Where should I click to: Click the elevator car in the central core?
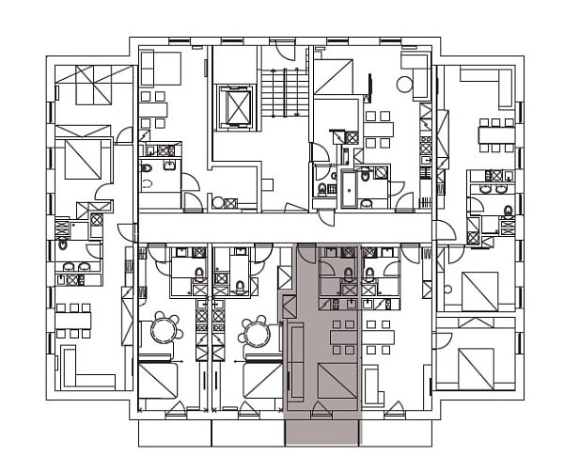(x=234, y=107)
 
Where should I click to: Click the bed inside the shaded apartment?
(x=337, y=381)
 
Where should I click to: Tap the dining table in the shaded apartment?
(x=344, y=336)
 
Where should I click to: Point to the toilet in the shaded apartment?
(x=348, y=274)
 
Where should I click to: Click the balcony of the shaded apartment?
(x=322, y=432)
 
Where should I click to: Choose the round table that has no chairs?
(x=404, y=85)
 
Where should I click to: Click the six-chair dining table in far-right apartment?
(x=496, y=134)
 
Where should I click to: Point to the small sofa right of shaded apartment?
(x=372, y=384)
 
